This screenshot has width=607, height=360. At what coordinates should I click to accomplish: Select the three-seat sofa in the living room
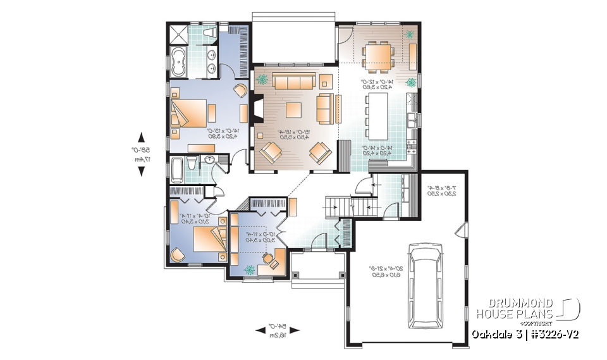pyautogui.click(x=293, y=82)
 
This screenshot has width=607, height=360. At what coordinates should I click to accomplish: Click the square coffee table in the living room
pyautogui.click(x=294, y=109)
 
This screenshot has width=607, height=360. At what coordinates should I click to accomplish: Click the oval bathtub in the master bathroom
pyautogui.click(x=176, y=62)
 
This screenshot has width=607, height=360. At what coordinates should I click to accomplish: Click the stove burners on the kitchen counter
pyautogui.click(x=412, y=147)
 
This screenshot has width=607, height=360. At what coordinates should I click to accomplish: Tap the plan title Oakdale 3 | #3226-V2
pyautogui.click(x=525, y=333)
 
